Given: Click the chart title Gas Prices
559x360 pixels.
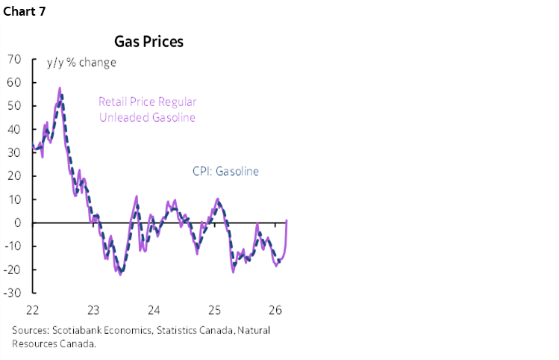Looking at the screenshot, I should click(148, 41).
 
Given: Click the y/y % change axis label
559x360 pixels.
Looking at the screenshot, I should click(81, 62).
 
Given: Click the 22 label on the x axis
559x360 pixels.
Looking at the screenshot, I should click(33, 310).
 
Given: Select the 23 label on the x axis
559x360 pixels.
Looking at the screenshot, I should click(93, 310).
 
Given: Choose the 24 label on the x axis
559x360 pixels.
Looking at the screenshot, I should click(154, 310).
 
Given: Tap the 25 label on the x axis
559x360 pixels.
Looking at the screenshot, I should click(214, 310).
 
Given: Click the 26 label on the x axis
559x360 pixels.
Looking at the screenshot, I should click(275, 310).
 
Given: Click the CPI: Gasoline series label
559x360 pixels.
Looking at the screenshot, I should click(221, 171).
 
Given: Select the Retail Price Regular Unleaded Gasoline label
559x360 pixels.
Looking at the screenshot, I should click(147, 110).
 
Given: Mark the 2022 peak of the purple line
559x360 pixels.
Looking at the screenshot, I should click(60, 88).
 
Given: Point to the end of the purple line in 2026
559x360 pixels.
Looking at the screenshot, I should click(287, 220).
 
